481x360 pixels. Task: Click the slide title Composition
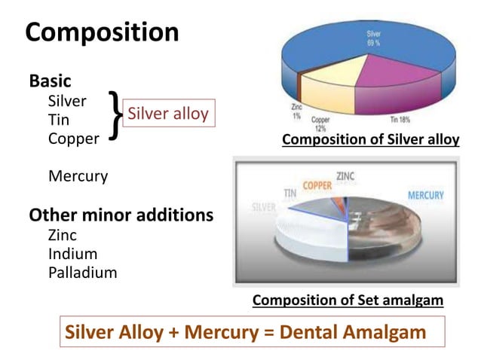point(102,32)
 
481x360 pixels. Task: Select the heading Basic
point(50,81)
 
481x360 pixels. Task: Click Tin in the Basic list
point(59,120)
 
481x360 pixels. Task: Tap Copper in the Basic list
point(73,139)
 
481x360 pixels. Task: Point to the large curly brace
point(114,115)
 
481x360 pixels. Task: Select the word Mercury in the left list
point(78,176)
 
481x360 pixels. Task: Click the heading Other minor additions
point(121,215)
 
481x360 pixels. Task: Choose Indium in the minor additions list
point(72,254)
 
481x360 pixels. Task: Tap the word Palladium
point(82,273)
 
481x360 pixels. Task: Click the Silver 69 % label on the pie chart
point(373,38)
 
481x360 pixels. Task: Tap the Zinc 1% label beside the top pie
point(296,112)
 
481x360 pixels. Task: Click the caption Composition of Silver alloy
point(370,140)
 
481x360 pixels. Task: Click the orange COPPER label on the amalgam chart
point(317,185)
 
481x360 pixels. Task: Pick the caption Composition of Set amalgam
point(348,301)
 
